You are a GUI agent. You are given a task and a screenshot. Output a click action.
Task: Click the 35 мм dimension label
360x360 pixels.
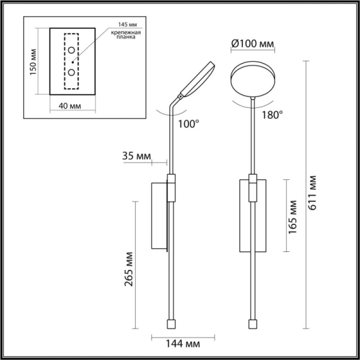click(x=136, y=156)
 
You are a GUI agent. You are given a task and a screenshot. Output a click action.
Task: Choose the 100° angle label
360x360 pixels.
click(x=188, y=124)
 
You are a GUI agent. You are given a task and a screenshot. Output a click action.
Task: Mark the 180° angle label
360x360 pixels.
click(x=272, y=115)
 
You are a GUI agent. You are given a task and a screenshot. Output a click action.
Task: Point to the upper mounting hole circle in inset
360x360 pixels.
click(x=71, y=50)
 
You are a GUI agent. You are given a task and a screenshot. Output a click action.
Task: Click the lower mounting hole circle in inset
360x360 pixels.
click(x=71, y=72)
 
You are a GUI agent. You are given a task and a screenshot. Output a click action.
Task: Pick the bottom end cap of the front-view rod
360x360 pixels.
click(x=252, y=323)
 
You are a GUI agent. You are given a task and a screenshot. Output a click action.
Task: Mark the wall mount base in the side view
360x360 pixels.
click(x=159, y=216)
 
